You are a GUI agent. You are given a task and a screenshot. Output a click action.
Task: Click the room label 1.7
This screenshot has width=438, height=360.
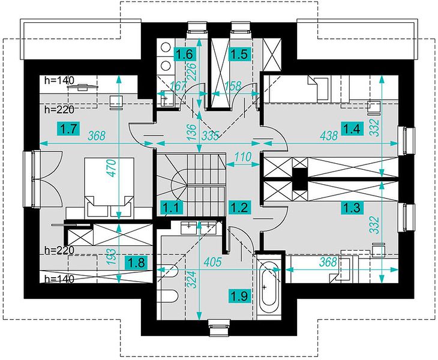click(x=69, y=130)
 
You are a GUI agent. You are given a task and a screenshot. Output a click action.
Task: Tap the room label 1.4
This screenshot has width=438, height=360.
click(x=352, y=129)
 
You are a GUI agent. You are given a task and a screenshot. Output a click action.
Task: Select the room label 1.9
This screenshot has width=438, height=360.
click(x=239, y=295)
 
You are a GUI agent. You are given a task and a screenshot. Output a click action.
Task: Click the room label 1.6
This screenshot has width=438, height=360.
click(x=185, y=54)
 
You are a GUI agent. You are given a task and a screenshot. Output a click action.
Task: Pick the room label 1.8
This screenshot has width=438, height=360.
click(x=136, y=263)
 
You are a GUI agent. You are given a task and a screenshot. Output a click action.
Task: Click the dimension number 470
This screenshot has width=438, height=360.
click(x=112, y=168)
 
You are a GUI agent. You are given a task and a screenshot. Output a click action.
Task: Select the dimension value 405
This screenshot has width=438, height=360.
click(x=212, y=262)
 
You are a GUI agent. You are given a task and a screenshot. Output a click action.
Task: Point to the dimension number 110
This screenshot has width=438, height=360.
click(x=243, y=157)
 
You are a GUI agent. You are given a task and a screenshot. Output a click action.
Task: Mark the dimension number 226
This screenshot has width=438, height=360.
click(x=193, y=71)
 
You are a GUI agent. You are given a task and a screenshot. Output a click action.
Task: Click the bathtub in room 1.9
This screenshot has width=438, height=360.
click(x=269, y=287)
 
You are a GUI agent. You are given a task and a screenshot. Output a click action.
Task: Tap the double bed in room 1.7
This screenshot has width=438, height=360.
click(x=109, y=187)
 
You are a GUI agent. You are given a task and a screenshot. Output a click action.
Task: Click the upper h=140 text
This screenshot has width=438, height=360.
click(x=59, y=80)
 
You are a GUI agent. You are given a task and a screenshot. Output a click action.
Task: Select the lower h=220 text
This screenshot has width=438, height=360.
click(x=59, y=250)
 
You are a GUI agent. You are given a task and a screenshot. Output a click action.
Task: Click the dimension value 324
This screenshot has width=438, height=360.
click(x=191, y=280)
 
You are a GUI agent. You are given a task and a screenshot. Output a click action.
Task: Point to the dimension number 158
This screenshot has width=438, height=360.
click(x=233, y=86)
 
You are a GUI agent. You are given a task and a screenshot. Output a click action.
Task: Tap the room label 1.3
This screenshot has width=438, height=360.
click(x=352, y=208)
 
